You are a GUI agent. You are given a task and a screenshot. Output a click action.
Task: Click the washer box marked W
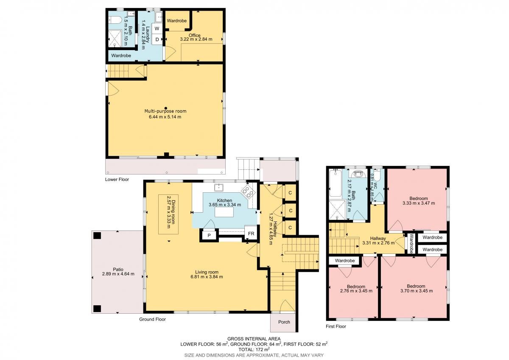(157, 28)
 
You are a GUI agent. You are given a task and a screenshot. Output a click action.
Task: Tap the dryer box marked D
(157, 39)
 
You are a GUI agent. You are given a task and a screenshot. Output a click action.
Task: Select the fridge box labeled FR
(251, 233)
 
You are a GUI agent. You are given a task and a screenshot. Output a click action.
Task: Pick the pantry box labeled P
(209, 235)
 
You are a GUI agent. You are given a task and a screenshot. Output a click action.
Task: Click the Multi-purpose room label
(165, 111)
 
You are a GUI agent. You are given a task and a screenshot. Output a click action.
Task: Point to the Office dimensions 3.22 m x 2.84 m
(196, 39)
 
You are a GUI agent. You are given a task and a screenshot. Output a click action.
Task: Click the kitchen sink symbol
(219, 187)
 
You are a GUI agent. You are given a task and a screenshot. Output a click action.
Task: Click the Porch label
(284, 322)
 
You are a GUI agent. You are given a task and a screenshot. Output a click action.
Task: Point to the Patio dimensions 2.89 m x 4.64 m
(118, 274)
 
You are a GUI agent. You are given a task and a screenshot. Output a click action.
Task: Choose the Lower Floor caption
(117, 180)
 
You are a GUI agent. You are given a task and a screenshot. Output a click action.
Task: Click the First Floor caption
(336, 326)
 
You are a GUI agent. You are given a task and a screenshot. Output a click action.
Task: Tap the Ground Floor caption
(152, 319)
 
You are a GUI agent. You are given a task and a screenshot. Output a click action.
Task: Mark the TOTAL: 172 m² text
(254, 349)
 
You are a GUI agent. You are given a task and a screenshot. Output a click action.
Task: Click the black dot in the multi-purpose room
(166, 108)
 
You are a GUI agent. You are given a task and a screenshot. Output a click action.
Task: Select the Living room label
(207, 272)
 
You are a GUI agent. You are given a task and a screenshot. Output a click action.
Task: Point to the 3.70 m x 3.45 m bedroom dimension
(417, 291)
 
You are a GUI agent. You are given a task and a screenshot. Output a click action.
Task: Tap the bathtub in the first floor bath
(335, 183)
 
